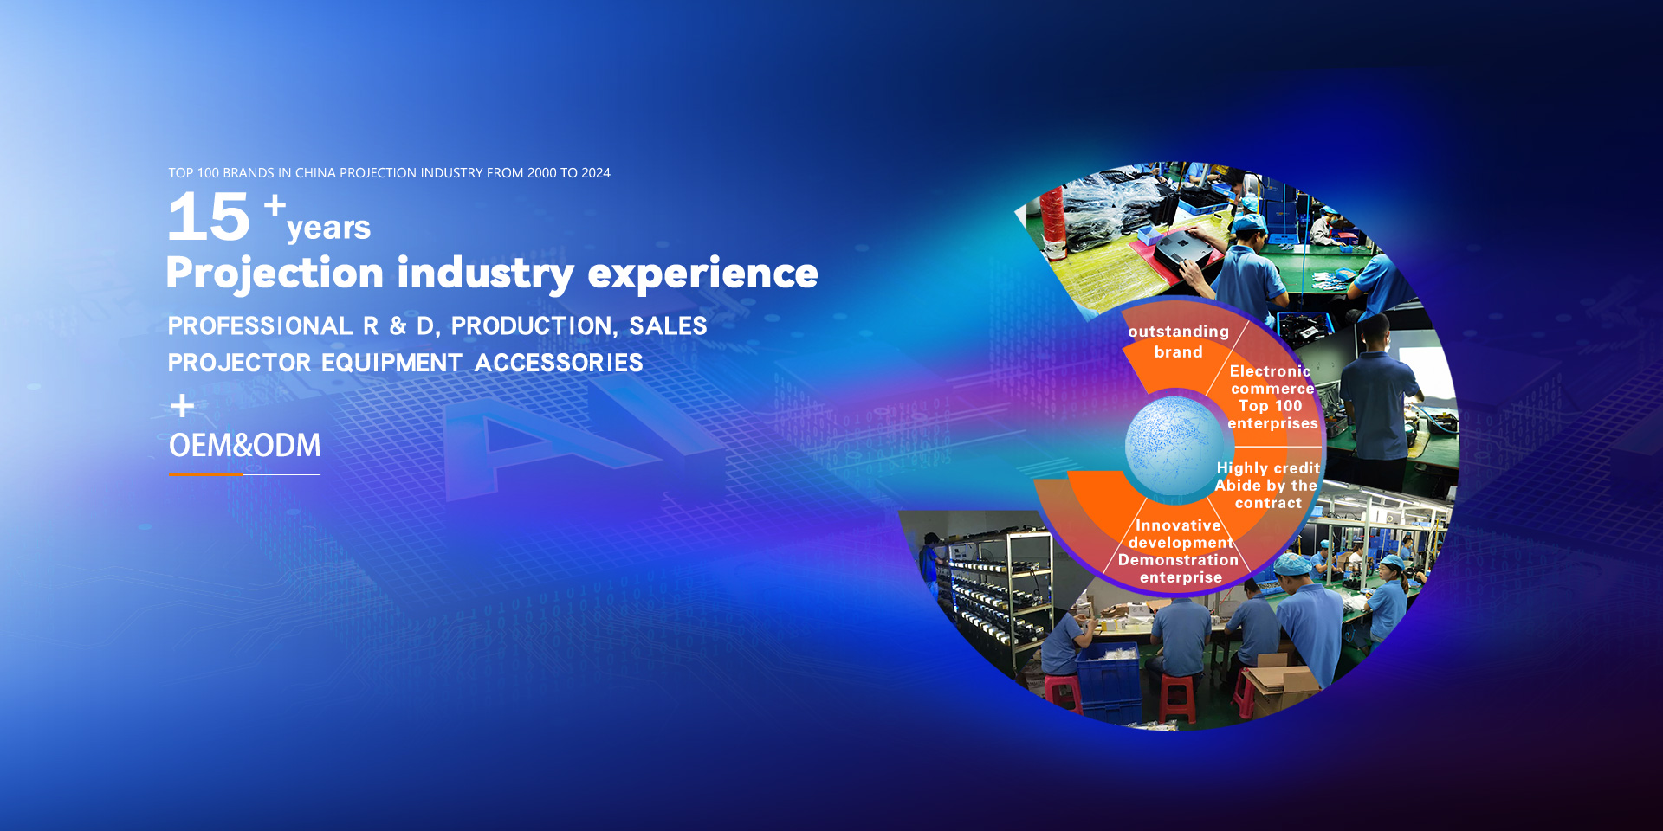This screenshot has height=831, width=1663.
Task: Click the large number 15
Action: coord(209,216)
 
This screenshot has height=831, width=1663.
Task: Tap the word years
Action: coord(328,228)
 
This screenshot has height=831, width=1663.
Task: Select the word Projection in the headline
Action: coord(275,274)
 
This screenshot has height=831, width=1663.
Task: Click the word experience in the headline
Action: coord(702,274)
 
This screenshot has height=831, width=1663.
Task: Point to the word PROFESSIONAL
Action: coord(260,326)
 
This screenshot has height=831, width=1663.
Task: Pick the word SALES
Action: coord(668,326)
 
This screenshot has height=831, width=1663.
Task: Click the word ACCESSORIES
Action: coord(559,363)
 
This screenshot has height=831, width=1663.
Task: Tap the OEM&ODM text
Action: coord(245,445)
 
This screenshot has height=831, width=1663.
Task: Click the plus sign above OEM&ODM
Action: coord(182,405)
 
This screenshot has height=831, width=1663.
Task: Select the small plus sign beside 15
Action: coord(275,205)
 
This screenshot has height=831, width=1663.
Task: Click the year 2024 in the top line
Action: coord(596,173)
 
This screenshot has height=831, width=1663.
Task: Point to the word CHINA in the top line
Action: coord(315,173)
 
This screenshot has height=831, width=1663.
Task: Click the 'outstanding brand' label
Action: coord(1178,341)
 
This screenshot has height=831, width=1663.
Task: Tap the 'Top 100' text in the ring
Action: coord(1270,406)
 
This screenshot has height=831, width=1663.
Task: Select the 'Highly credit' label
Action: coord(1268,468)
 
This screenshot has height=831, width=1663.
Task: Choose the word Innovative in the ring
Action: coord(1178,525)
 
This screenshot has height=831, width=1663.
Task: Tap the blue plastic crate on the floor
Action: coord(1108,679)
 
